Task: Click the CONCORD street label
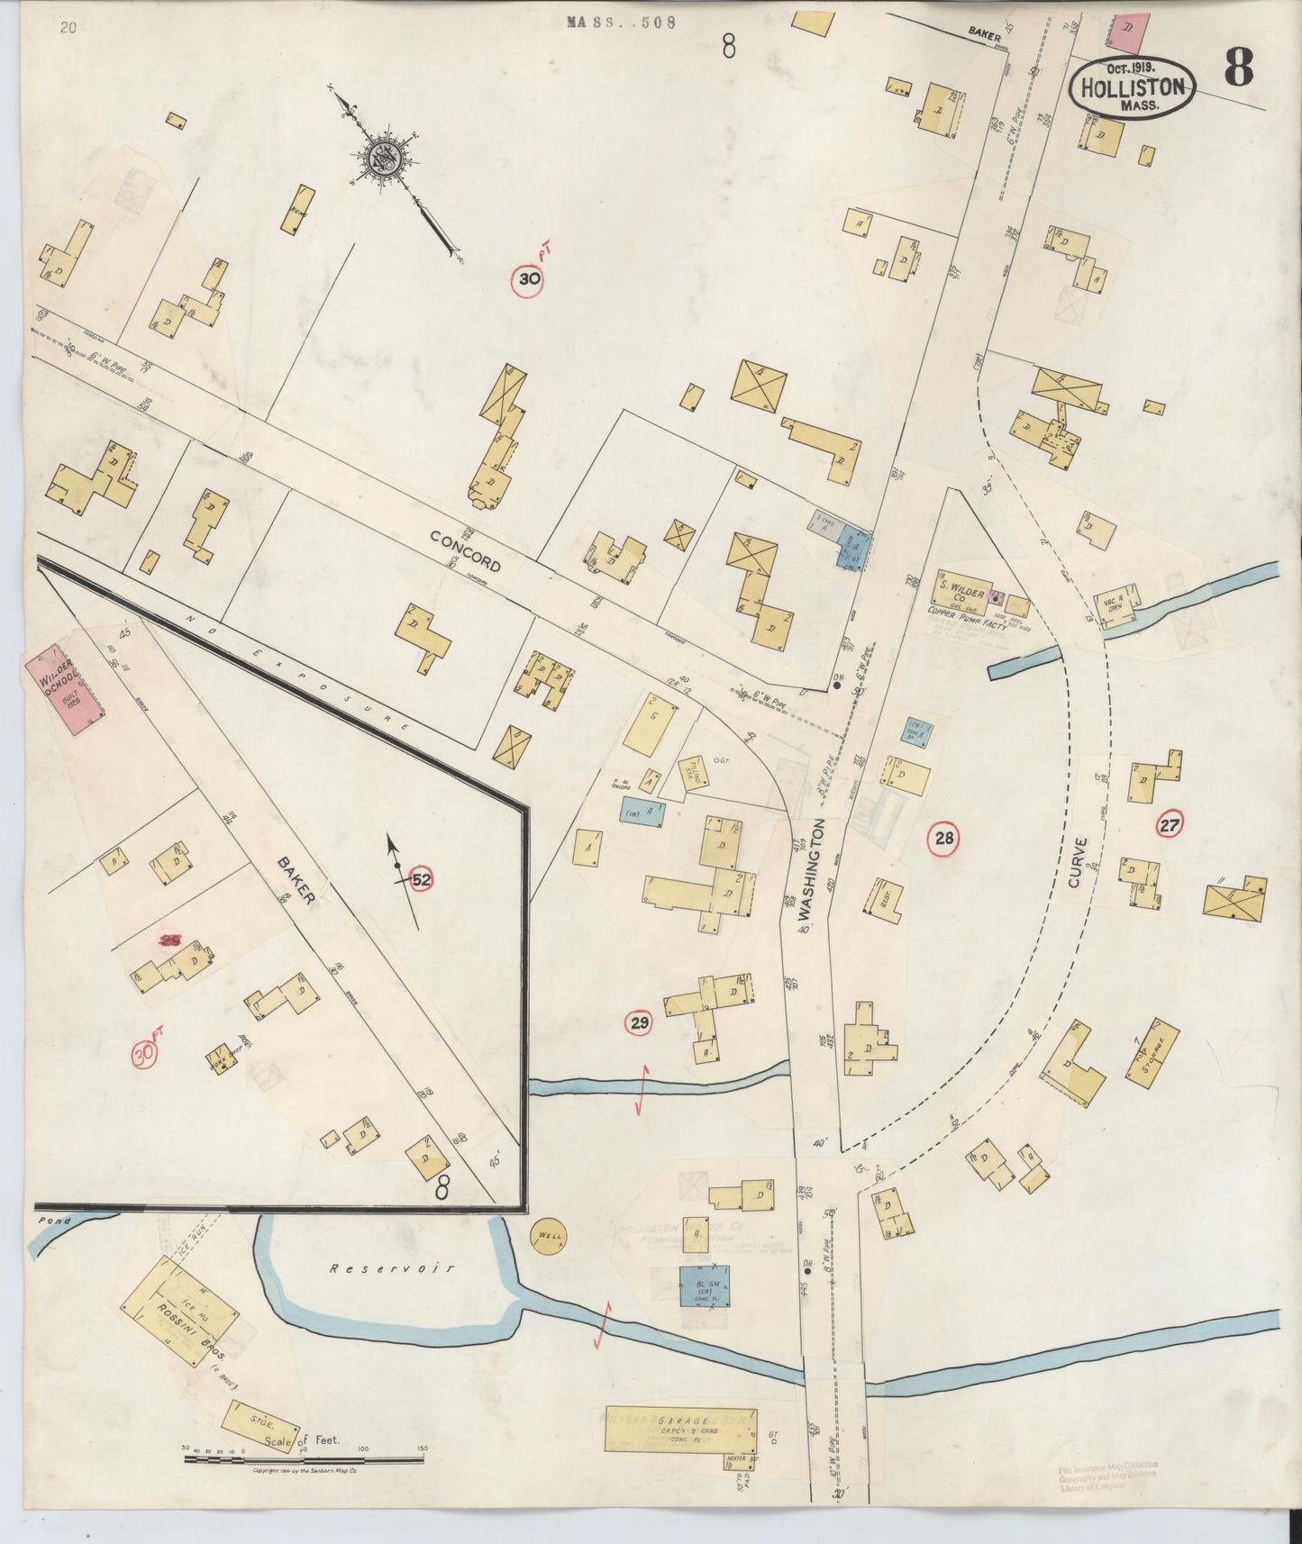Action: (x=465, y=550)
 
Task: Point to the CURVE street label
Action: (x=1079, y=862)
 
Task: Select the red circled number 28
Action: (x=943, y=840)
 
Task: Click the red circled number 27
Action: (x=1170, y=822)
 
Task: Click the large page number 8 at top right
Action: (x=1239, y=68)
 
